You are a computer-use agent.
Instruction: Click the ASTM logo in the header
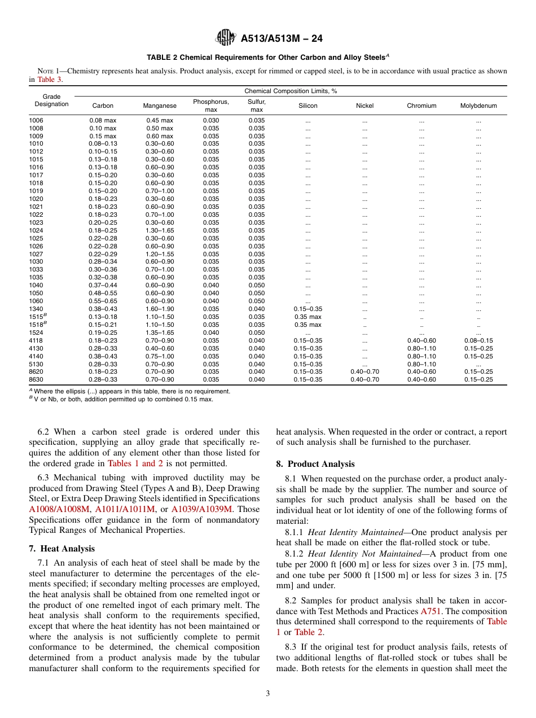pyautogui.click(x=226, y=38)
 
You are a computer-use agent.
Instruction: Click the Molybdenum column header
pyautogui.click(x=478, y=106)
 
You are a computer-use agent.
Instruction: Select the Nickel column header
pyautogui.click(x=364, y=106)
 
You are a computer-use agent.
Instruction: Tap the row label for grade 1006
pyautogui.click(x=36, y=120)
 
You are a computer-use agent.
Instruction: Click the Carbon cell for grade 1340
pyautogui.click(x=103, y=309)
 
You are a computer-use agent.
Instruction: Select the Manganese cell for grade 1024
pyautogui.click(x=160, y=230)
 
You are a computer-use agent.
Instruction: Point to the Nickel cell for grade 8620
pyautogui.click(x=364, y=372)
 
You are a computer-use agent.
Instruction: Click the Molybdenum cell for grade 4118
pyautogui.click(x=478, y=340)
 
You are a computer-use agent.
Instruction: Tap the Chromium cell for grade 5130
pyautogui.click(x=421, y=364)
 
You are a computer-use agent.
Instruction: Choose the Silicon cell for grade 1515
pyautogui.click(x=308, y=317)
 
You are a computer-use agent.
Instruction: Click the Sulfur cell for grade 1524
pyautogui.click(x=257, y=332)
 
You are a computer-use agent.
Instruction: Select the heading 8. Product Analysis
pyautogui.click(x=315, y=464)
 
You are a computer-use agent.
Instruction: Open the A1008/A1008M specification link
pyautogui.click(x=60, y=509)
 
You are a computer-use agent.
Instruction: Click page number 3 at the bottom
pyautogui.click(x=267, y=694)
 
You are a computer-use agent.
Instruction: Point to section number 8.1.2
pyautogui.click(x=295, y=554)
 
